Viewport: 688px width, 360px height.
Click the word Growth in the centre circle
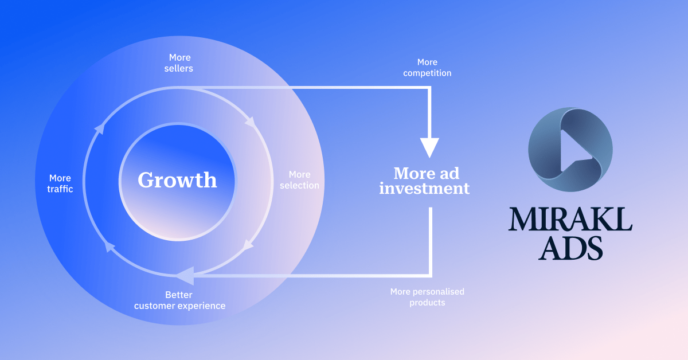tap(177, 180)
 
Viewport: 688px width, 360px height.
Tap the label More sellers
tap(180, 63)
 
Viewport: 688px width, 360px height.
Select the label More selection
tap(299, 179)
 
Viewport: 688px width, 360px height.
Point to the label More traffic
tap(61, 183)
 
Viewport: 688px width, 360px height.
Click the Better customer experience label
tap(179, 300)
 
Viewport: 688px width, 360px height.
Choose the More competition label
tap(427, 68)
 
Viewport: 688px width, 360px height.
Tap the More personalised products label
tap(427, 297)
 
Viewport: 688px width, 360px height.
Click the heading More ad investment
tap(424, 181)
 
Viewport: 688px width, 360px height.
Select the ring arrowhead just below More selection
tap(248, 244)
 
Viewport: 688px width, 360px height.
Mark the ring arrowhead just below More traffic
tap(107, 246)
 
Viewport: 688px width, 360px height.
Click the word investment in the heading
tap(424, 189)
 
